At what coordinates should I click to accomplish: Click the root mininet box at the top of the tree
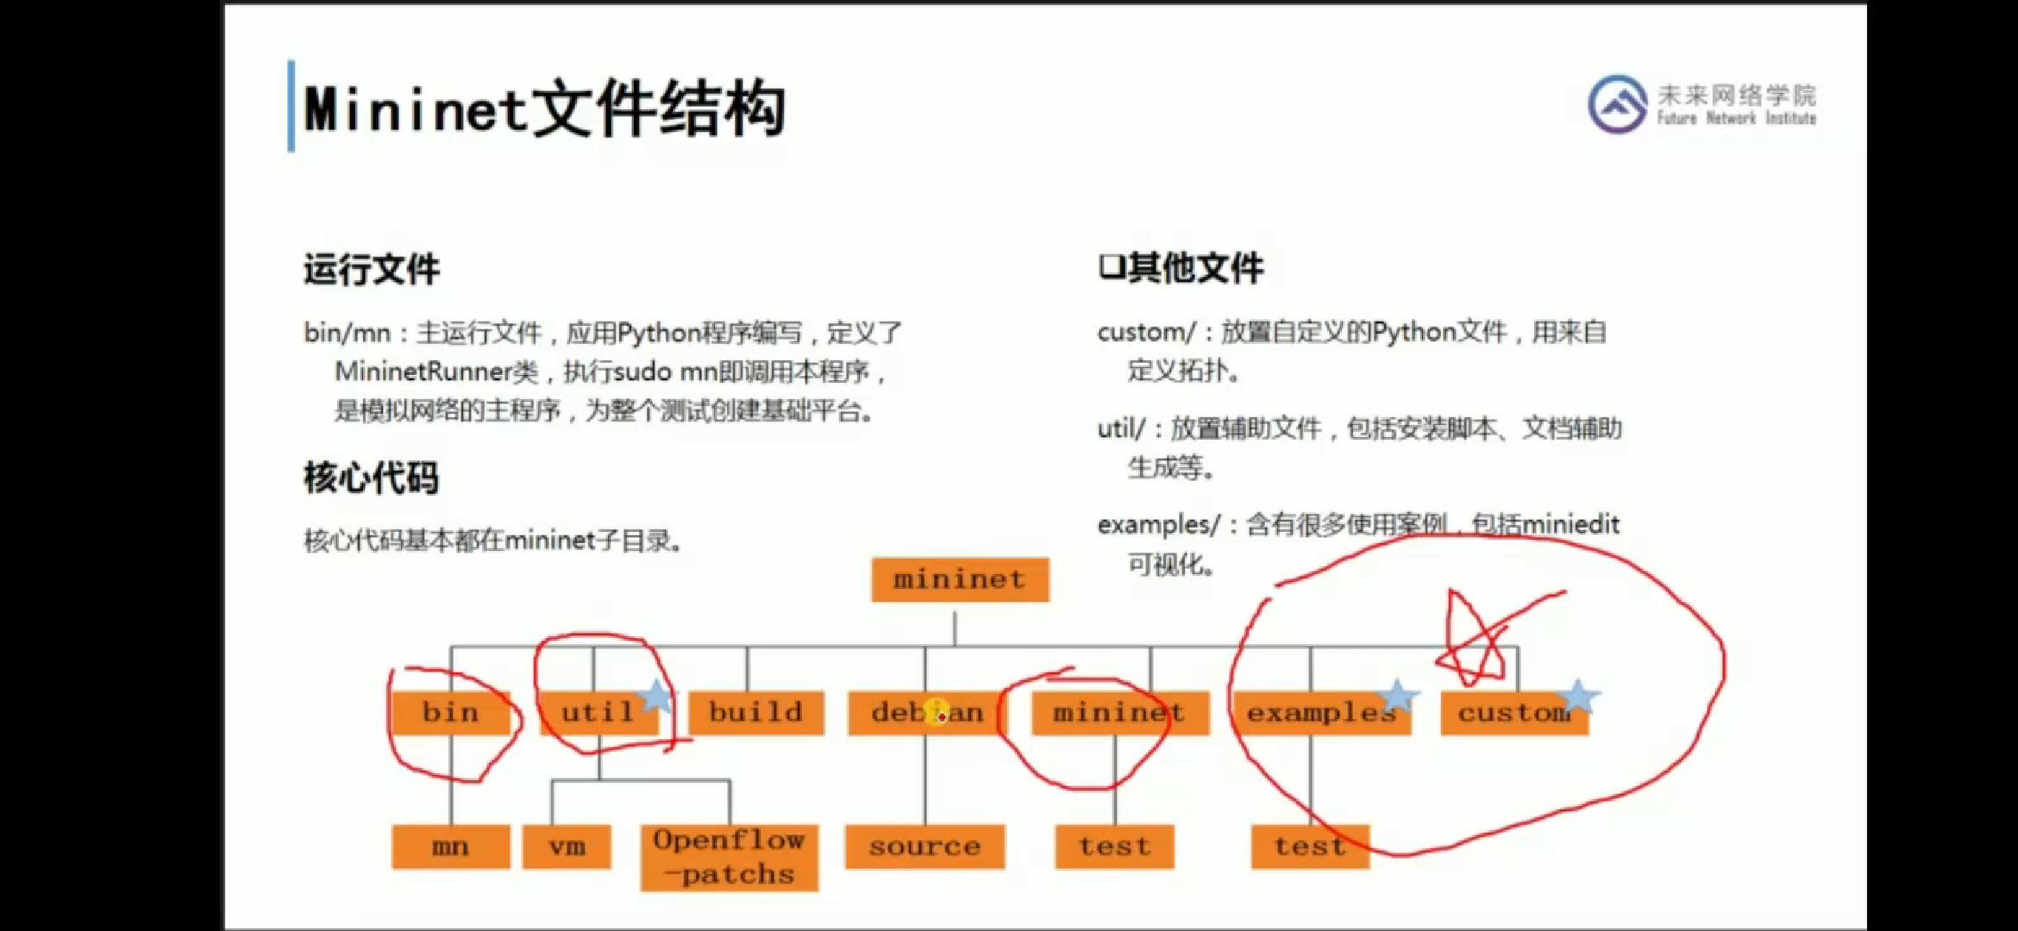point(960,579)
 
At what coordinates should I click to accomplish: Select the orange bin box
point(450,713)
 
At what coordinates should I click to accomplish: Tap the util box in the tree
point(597,713)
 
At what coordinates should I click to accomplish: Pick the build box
point(755,713)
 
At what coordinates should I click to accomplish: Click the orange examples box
point(1320,713)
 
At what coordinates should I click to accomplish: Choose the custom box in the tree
point(1513,713)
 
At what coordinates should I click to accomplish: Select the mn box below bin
point(450,847)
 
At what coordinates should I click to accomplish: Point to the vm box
point(567,847)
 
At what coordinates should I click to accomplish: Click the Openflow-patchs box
point(729,858)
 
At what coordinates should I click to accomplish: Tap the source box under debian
point(924,847)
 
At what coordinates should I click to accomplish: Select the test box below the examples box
point(1310,847)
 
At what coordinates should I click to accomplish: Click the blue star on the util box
point(657,696)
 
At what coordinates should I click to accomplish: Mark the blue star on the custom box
point(1579,696)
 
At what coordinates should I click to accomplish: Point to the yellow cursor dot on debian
point(937,713)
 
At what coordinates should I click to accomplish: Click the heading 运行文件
point(372,270)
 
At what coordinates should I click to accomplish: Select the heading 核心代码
point(371,478)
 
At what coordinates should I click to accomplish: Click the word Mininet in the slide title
point(415,110)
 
